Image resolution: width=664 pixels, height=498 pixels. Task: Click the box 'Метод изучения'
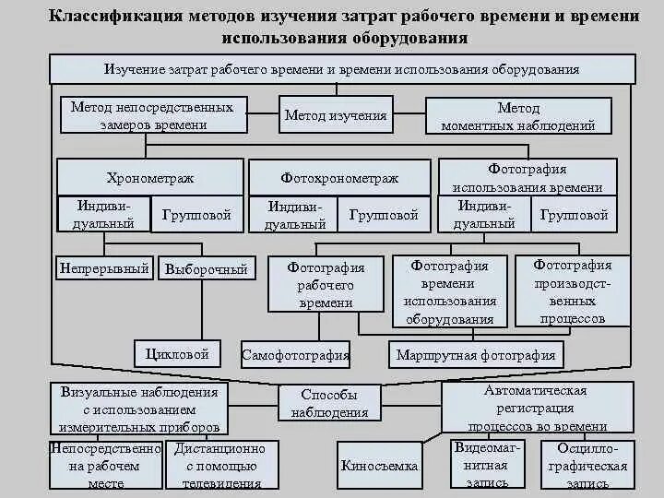336,116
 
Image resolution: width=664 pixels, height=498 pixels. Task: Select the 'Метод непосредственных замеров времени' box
152,116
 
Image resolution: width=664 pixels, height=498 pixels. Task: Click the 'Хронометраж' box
149,177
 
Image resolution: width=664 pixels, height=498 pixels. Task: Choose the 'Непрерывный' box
104,269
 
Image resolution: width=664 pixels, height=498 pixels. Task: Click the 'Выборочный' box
206,269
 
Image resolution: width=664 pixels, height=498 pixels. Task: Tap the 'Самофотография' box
295,354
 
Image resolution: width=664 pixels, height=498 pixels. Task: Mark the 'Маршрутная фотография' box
475,354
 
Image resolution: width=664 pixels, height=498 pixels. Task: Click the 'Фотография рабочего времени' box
326,284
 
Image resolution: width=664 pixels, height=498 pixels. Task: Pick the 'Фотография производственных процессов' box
573,291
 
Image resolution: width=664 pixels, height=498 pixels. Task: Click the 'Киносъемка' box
379,466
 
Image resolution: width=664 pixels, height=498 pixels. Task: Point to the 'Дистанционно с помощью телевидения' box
219,465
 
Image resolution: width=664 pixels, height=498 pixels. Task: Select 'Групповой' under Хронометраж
196,215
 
